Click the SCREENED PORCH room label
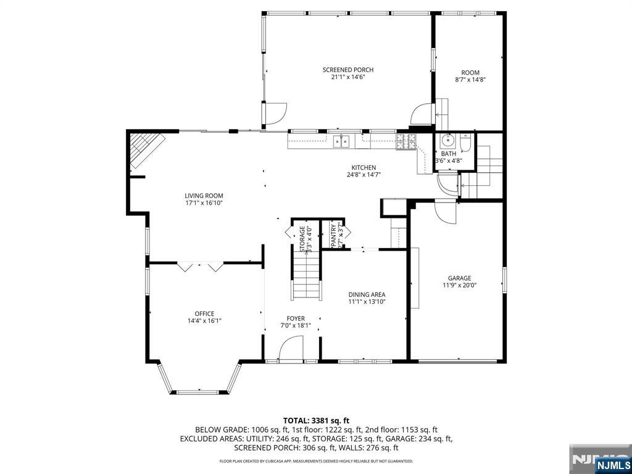click(x=347, y=70)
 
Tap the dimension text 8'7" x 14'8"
click(x=470, y=80)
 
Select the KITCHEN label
click(x=364, y=168)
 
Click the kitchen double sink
click(x=341, y=141)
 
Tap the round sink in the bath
click(x=448, y=139)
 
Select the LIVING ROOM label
click(x=203, y=196)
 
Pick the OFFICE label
click(x=204, y=314)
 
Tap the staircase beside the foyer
click(x=307, y=278)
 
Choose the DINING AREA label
click(x=367, y=294)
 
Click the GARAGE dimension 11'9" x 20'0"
click(x=459, y=285)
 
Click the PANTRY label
click(x=334, y=235)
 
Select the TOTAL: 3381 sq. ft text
click(x=315, y=420)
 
